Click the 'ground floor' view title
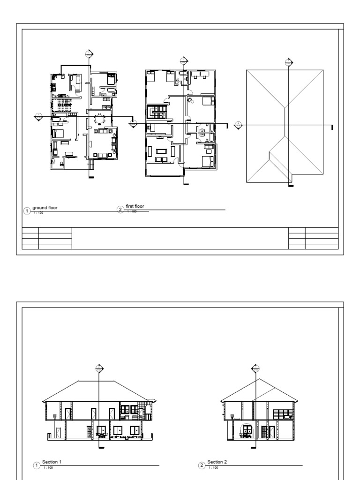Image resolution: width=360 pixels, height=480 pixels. tap(45, 207)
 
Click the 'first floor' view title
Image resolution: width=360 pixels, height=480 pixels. tap(135, 206)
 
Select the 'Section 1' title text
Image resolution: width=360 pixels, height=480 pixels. tap(52, 462)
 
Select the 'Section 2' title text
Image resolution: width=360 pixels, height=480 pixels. tap(217, 462)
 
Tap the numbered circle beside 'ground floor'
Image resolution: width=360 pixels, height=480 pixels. tap(27, 211)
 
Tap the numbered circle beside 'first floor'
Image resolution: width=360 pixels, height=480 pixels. tap(120, 210)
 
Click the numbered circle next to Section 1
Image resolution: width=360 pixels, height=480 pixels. tap(37, 465)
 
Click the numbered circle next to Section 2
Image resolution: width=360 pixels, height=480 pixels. tap(202, 465)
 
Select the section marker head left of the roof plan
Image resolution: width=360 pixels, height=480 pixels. tap(238, 125)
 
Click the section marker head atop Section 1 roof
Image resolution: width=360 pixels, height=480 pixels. tap(98, 368)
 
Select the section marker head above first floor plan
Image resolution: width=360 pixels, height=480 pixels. tap(184, 60)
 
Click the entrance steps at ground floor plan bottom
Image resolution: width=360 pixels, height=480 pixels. tap(91, 165)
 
